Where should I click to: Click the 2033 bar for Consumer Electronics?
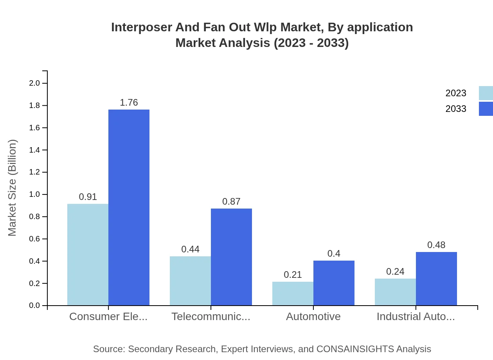[129, 207]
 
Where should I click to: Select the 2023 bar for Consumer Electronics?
[88, 254]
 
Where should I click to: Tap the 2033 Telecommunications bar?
[231, 257]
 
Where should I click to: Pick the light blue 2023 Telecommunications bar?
[190, 281]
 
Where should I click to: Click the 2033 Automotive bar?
[334, 283]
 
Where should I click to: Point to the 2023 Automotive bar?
[293, 293]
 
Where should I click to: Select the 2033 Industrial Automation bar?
[436, 279]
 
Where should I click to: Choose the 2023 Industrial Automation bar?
[395, 292]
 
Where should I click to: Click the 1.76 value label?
[129, 103]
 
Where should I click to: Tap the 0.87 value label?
[231, 202]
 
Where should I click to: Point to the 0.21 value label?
[293, 275]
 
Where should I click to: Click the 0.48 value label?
[436, 245]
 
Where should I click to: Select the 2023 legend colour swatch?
[486, 93]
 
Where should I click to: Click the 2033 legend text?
[456, 109]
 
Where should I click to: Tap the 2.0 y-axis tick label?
[34, 83]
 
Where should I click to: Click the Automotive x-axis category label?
[313, 316]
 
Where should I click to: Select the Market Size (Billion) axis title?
[13, 188]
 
